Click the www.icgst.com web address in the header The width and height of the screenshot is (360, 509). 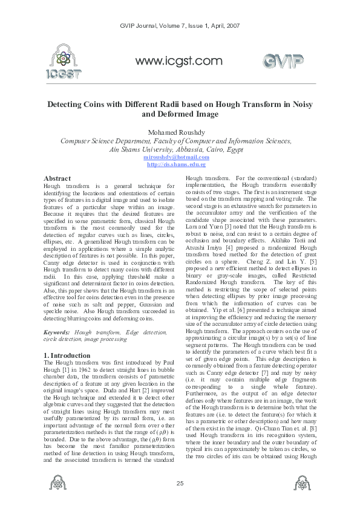179,60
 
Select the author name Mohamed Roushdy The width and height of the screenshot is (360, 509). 180,132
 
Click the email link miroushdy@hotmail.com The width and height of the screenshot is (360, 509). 180,157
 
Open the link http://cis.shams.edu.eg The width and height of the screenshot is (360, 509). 180,164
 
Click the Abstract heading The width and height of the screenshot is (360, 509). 58,179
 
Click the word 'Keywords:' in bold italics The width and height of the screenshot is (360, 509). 59,332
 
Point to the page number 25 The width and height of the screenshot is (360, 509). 180,482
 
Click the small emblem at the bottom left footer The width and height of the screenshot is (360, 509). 59,484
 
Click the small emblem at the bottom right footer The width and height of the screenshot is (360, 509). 301,484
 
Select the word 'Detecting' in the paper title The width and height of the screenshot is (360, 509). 68,104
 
